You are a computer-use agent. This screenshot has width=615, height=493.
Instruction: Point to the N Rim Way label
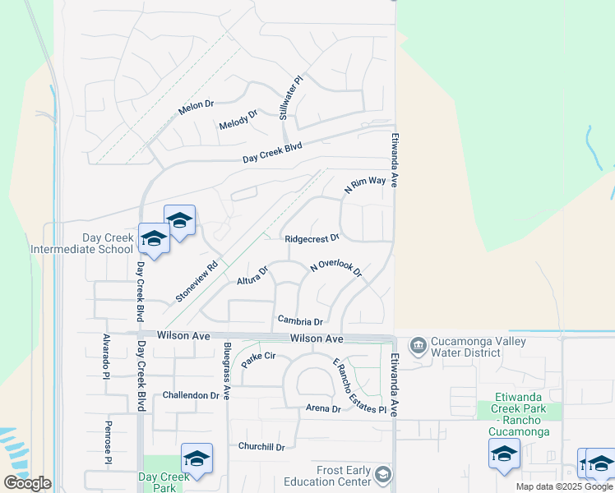tap(364, 185)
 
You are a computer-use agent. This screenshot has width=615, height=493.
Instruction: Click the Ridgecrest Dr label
tap(312, 239)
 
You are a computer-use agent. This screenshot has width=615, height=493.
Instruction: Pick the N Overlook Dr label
tap(336, 269)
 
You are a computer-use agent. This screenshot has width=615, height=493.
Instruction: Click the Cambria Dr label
tap(299, 321)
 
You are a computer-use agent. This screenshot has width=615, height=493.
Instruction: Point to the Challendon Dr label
tap(191, 395)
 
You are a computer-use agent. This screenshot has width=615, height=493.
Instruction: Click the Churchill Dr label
tap(261, 447)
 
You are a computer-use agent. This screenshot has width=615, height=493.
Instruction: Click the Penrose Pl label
tap(107, 444)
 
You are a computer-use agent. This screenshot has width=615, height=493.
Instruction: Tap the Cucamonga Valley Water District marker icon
tap(418, 344)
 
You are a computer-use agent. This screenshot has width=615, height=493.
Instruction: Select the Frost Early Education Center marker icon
tap(382, 474)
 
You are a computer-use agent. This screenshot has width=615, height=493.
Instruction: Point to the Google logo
tap(26, 483)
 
